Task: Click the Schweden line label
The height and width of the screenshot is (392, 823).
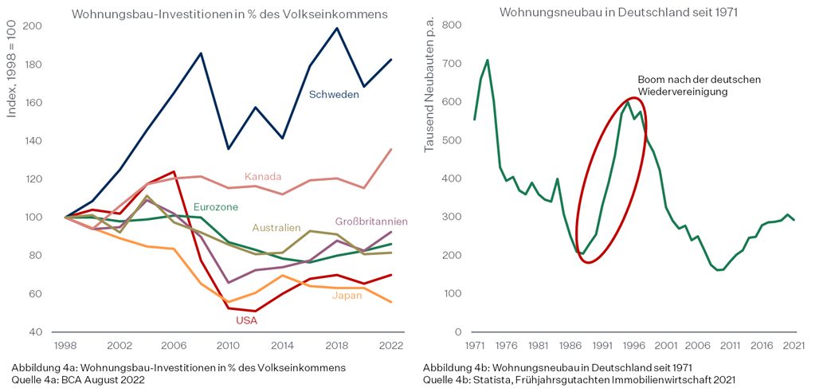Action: point(334,94)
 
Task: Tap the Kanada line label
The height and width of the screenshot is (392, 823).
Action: point(262,176)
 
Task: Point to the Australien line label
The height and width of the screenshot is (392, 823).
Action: point(276,228)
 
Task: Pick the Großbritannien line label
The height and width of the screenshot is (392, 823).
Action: point(371,221)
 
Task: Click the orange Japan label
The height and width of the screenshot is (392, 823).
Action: point(347,295)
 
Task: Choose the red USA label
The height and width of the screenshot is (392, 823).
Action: point(246,320)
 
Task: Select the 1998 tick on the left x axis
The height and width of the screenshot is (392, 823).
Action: point(65,347)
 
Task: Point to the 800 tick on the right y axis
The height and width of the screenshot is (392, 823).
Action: point(452,25)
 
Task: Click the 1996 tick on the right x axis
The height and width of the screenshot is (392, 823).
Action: point(635,347)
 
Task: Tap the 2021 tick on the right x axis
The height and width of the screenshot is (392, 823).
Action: point(794,347)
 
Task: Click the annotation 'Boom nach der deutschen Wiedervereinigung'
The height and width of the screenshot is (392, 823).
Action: point(700,85)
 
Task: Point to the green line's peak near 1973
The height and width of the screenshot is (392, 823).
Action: point(487,60)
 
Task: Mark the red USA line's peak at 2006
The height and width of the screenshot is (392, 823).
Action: point(173,171)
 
